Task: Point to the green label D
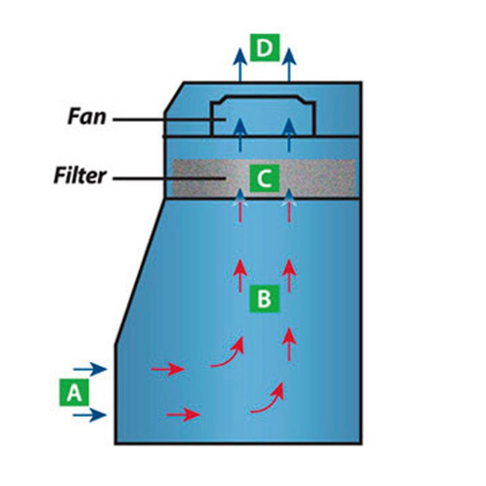(264, 48)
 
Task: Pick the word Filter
(80, 177)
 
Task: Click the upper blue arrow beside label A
(90, 368)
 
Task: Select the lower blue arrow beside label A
(90, 415)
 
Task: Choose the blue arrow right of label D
(289, 64)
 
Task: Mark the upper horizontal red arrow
(168, 368)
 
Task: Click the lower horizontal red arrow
(183, 415)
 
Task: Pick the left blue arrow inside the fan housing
(241, 134)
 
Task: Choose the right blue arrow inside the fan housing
(290, 134)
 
